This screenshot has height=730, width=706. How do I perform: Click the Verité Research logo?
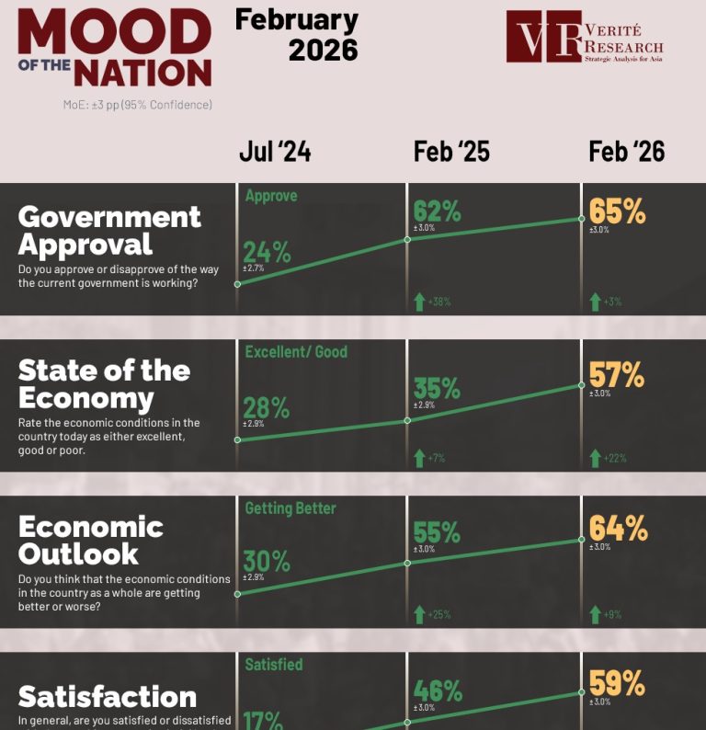click(586, 37)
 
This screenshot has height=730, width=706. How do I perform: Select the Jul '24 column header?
click(274, 153)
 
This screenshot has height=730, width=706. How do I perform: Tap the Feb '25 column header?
click(451, 153)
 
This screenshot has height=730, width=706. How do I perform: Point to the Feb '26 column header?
click(626, 153)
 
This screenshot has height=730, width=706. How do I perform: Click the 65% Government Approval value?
click(618, 211)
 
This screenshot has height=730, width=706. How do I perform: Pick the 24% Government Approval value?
click(267, 252)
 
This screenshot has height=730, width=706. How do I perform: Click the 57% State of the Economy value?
click(618, 374)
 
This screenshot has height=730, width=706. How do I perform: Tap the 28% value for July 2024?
click(267, 408)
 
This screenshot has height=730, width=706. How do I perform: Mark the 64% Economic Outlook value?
click(618, 529)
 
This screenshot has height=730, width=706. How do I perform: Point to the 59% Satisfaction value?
click(618, 685)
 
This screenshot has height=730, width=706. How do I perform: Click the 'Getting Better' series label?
click(290, 508)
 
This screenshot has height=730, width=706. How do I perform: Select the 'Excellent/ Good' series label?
click(296, 352)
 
